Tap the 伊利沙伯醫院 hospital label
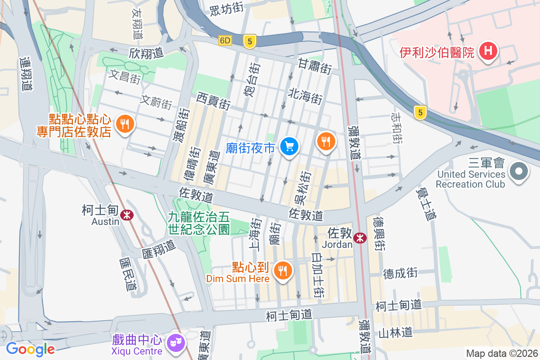436,53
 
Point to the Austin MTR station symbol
128,215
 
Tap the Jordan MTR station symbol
360,238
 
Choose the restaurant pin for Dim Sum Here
283,270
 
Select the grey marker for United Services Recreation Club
518,171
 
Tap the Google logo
30,349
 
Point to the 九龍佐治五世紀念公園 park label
198,223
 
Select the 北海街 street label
306,96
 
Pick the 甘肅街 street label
315,66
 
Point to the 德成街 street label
400,273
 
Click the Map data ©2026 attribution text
501,353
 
